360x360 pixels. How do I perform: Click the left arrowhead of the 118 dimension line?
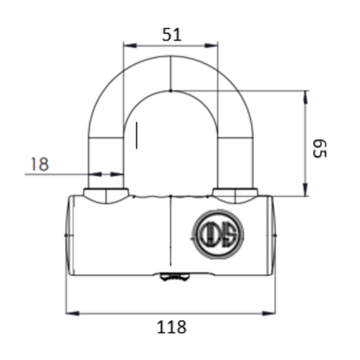pyautogui.click(x=73, y=312)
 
